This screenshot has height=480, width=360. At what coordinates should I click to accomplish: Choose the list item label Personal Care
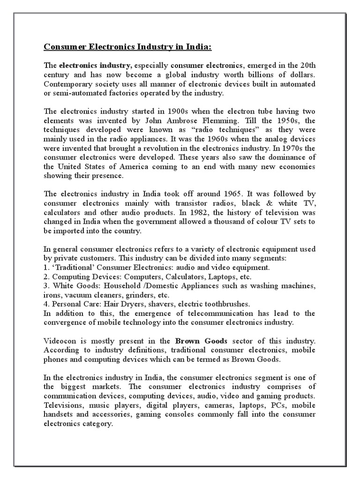[x=73, y=304]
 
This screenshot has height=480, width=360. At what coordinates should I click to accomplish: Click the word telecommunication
[x=222, y=313]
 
